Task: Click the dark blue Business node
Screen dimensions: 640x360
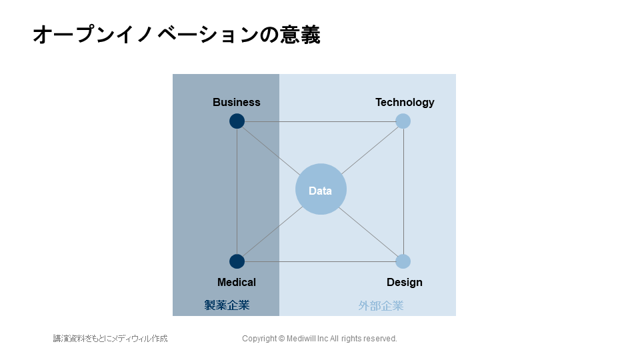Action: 237,121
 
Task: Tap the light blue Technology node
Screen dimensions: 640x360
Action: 403,121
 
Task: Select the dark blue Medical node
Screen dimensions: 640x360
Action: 237,261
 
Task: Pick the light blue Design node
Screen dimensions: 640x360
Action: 403,261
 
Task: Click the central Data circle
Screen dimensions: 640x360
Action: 321,189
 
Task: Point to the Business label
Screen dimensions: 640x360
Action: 236,102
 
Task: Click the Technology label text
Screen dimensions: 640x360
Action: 405,103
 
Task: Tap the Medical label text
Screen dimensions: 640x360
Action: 236,282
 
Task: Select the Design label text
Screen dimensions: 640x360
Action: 405,283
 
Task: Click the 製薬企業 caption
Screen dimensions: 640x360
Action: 227,305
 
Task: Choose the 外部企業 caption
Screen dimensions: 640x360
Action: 381,306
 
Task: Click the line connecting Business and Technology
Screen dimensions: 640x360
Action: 320,121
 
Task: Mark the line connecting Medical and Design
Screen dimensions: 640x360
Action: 320,261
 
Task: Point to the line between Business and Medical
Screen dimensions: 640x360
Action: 237,191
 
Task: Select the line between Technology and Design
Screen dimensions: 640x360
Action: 404,191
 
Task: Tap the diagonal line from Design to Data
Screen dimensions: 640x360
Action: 368,232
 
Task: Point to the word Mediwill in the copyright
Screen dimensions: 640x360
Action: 301,339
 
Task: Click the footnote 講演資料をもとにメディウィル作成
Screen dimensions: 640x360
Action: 110,339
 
